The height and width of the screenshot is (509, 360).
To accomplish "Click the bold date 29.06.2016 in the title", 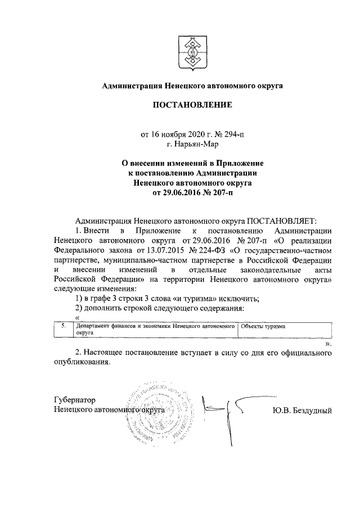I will (x=181, y=192).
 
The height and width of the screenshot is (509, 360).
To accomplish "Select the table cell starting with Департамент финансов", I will (x=155, y=329).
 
